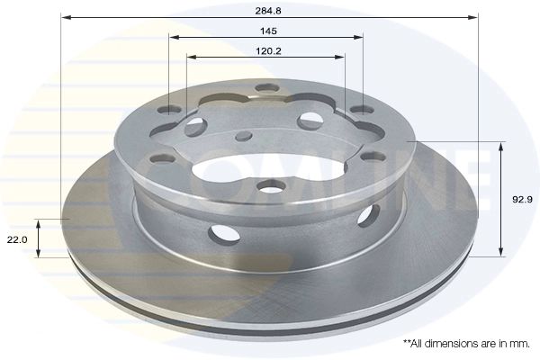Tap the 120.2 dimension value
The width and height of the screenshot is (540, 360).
click(x=266, y=50)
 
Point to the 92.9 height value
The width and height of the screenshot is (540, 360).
click(x=519, y=201)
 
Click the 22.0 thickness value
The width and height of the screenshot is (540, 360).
click(x=18, y=238)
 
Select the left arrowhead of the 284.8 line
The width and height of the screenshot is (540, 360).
click(x=66, y=17)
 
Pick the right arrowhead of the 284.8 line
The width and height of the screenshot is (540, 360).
click(x=472, y=17)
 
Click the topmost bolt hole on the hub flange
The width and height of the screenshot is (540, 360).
click(x=266, y=88)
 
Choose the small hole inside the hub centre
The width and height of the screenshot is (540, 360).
click(x=243, y=136)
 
